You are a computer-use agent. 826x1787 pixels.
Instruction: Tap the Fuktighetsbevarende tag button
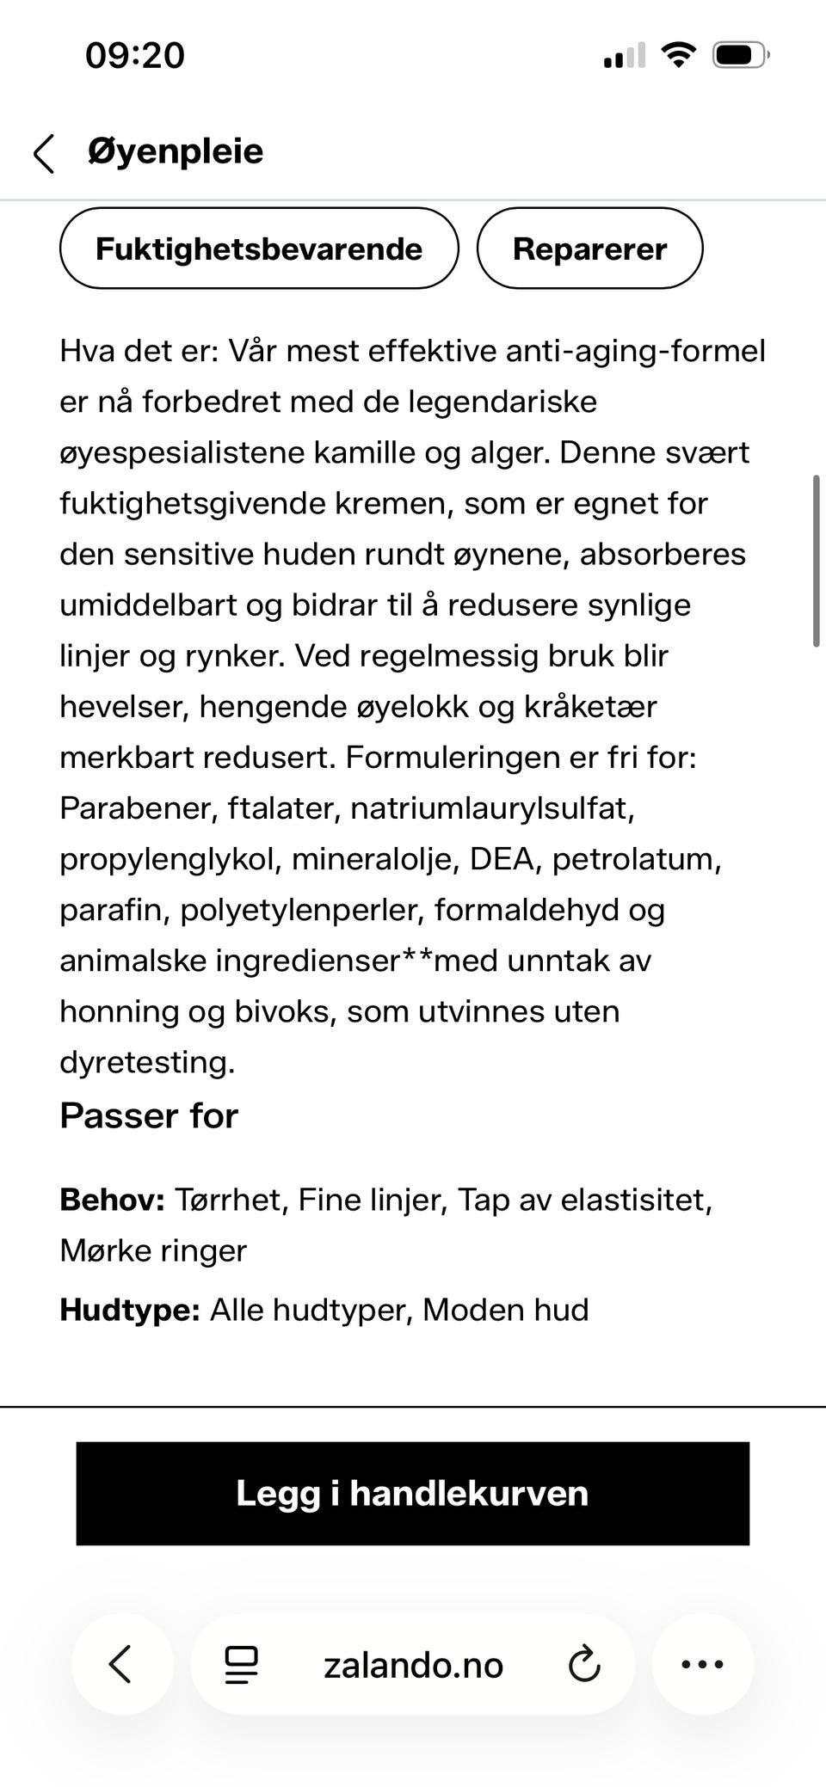(259, 249)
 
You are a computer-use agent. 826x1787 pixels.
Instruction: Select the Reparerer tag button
(589, 249)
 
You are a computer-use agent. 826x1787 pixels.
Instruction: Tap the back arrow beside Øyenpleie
(44, 153)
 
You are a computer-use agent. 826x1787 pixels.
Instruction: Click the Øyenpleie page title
(176, 151)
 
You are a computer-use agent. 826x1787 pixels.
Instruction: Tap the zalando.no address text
(413, 1666)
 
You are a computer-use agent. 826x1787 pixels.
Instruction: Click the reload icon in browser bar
(584, 1664)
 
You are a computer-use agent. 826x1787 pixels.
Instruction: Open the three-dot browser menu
(702, 1664)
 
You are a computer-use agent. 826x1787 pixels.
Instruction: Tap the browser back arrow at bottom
(121, 1664)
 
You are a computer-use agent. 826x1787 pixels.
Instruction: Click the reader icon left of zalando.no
(241, 1665)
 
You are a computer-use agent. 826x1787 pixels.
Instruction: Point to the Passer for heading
(149, 1115)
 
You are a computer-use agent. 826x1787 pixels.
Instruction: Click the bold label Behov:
(112, 1200)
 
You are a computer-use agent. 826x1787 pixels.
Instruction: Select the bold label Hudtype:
(130, 1310)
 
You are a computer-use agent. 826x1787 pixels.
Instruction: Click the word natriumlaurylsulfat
(491, 808)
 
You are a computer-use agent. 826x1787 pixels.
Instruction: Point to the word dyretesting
(146, 1062)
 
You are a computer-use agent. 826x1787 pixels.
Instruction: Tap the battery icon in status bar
(739, 56)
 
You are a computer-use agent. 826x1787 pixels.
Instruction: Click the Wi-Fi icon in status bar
(678, 56)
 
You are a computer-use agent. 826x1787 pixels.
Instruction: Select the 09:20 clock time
(135, 56)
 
